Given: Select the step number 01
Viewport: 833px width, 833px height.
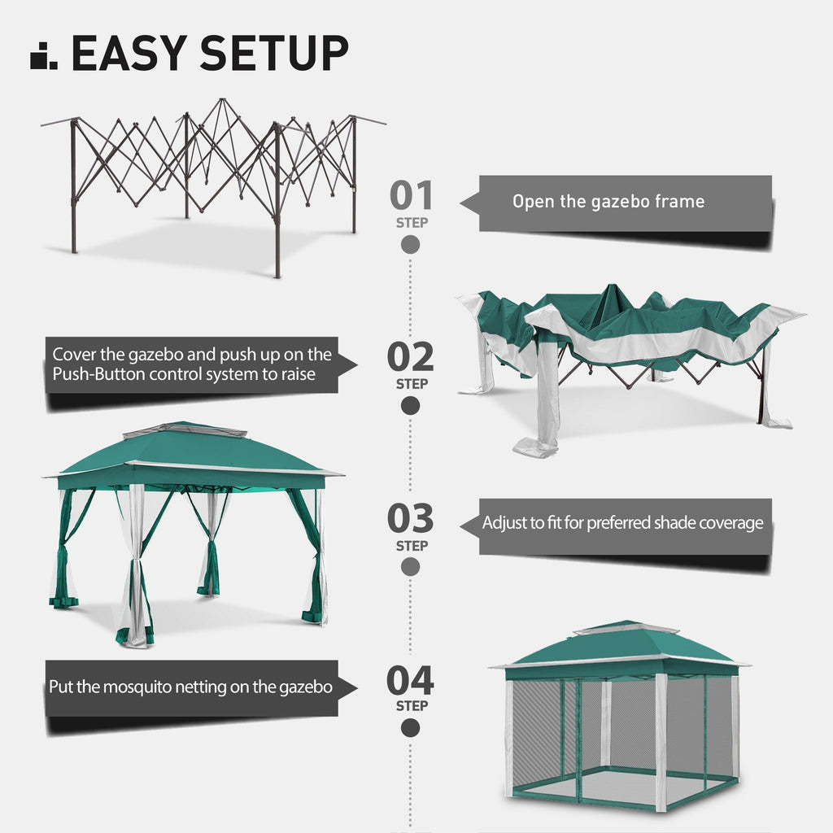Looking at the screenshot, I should [411, 195].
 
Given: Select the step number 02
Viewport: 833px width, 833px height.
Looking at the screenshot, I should [411, 356].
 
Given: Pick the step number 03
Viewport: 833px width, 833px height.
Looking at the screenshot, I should [411, 518].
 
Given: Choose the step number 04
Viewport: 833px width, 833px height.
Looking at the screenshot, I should [411, 680].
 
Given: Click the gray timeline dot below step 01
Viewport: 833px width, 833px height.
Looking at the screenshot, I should [411, 244].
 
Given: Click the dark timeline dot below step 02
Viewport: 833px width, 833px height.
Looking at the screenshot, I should [411, 405].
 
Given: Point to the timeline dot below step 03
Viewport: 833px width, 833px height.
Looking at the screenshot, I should [411, 567].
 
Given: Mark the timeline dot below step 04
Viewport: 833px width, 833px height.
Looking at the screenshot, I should [411, 728].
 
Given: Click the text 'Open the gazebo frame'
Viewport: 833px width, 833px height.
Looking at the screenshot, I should [608, 202].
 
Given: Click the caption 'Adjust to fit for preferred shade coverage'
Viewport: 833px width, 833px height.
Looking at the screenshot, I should [622, 522].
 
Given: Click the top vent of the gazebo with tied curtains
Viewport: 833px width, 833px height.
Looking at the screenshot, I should [185, 430].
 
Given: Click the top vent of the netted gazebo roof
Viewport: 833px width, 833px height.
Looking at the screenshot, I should [626, 629].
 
